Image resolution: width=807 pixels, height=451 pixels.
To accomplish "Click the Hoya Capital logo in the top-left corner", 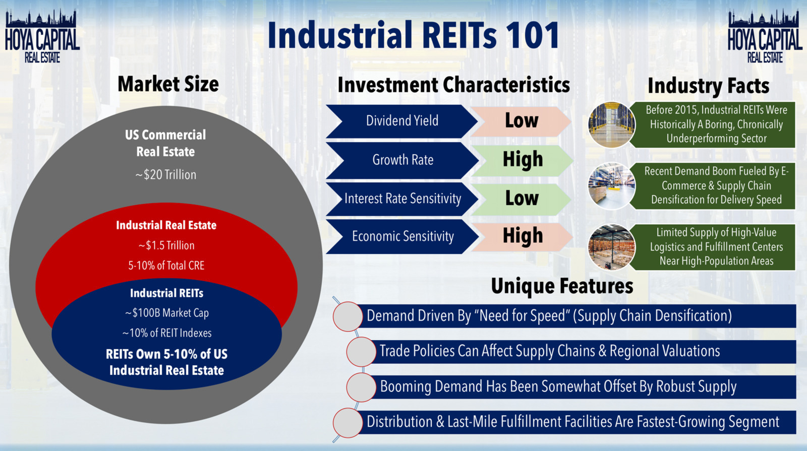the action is point(42,36).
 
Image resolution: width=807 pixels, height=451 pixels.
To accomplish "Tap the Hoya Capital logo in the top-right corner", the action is point(765,36).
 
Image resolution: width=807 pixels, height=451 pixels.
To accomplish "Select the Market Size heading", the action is point(168,84).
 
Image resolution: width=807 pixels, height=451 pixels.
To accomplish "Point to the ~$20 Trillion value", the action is point(166,175).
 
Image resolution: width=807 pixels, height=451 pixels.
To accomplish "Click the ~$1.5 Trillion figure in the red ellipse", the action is point(166,245).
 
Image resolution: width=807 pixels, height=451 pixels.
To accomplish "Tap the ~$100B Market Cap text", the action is point(166,313).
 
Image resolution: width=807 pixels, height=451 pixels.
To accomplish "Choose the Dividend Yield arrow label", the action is point(402,121).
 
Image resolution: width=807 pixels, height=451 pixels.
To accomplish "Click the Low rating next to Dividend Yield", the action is point(522,120).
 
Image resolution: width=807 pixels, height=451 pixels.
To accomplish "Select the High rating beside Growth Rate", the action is point(523,159).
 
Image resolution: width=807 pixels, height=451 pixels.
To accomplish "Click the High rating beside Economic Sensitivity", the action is point(523,236).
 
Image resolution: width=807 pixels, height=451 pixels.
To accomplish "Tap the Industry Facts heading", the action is point(708,86).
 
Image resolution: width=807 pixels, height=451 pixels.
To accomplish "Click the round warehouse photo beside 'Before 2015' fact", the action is point(611,125).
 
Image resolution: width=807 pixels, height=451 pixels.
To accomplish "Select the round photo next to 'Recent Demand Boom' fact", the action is point(611,186).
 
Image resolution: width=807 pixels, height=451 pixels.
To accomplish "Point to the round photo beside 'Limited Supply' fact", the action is point(611,247).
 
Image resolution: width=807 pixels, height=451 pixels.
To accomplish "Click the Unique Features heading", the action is point(562,287).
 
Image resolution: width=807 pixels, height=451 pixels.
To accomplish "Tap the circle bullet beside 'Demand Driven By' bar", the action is point(348,316).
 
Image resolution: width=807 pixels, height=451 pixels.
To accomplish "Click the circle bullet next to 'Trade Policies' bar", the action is point(361,352).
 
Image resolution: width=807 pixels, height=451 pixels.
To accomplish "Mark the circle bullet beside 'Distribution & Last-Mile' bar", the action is point(348,423).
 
